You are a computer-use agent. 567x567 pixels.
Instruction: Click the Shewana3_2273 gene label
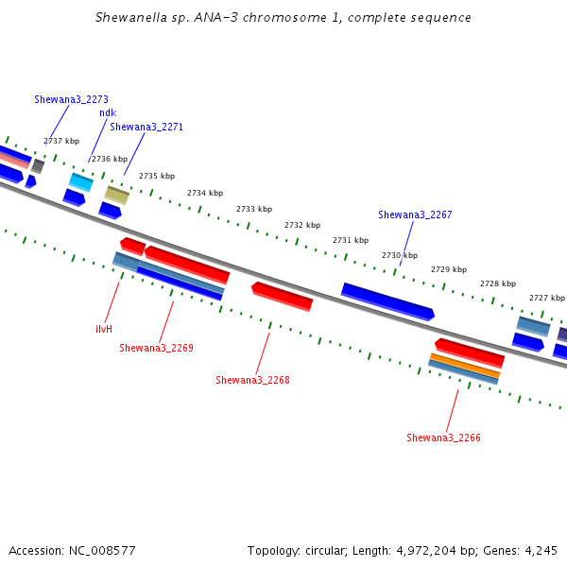[x=71, y=99]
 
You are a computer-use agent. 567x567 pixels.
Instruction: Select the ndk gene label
[x=108, y=112]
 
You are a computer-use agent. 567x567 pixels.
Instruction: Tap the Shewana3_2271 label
[x=146, y=127]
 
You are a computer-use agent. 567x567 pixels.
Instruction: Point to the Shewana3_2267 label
[x=415, y=215]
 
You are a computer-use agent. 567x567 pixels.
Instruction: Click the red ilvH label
[x=104, y=329]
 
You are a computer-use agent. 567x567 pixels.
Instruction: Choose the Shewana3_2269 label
[x=156, y=348]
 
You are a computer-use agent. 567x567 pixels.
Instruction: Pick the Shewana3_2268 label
[x=252, y=380]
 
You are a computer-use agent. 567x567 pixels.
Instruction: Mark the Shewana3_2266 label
[x=444, y=438]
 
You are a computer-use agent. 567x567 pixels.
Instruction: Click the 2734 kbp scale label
[x=205, y=193]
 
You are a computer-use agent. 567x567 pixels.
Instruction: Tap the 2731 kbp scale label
[x=351, y=240]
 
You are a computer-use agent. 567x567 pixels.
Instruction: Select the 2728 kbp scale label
[x=498, y=283]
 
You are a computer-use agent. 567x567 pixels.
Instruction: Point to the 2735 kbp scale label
[x=157, y=176]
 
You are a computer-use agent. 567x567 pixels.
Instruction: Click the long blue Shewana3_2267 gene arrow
[x=387, y=301]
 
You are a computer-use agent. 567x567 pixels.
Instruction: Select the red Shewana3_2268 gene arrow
[x=282, y=297]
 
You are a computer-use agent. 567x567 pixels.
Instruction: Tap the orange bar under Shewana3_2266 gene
[x=465, y=365]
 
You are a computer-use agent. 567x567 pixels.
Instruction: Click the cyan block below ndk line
[x=81, y=181]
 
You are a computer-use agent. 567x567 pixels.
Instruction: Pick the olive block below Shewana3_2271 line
[x=117, y=196]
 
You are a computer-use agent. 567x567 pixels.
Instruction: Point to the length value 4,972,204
[x=426, y=551]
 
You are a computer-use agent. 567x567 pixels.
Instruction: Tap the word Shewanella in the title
[x=131, y=17]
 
